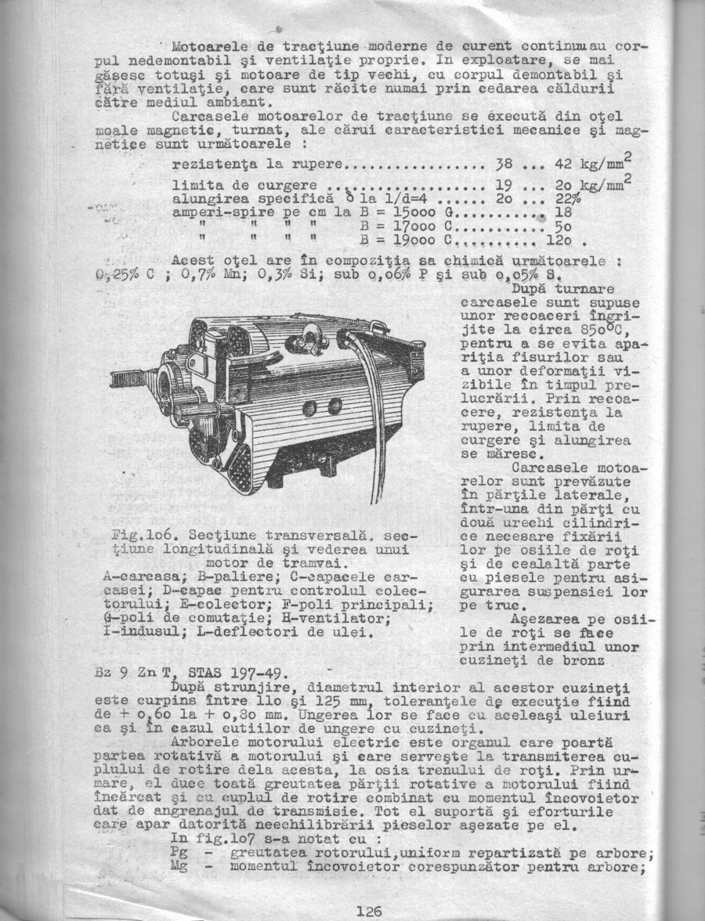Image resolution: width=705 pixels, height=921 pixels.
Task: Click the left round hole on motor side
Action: (x=309, y=407)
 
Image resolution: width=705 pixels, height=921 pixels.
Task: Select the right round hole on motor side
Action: (x=334, y=405)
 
